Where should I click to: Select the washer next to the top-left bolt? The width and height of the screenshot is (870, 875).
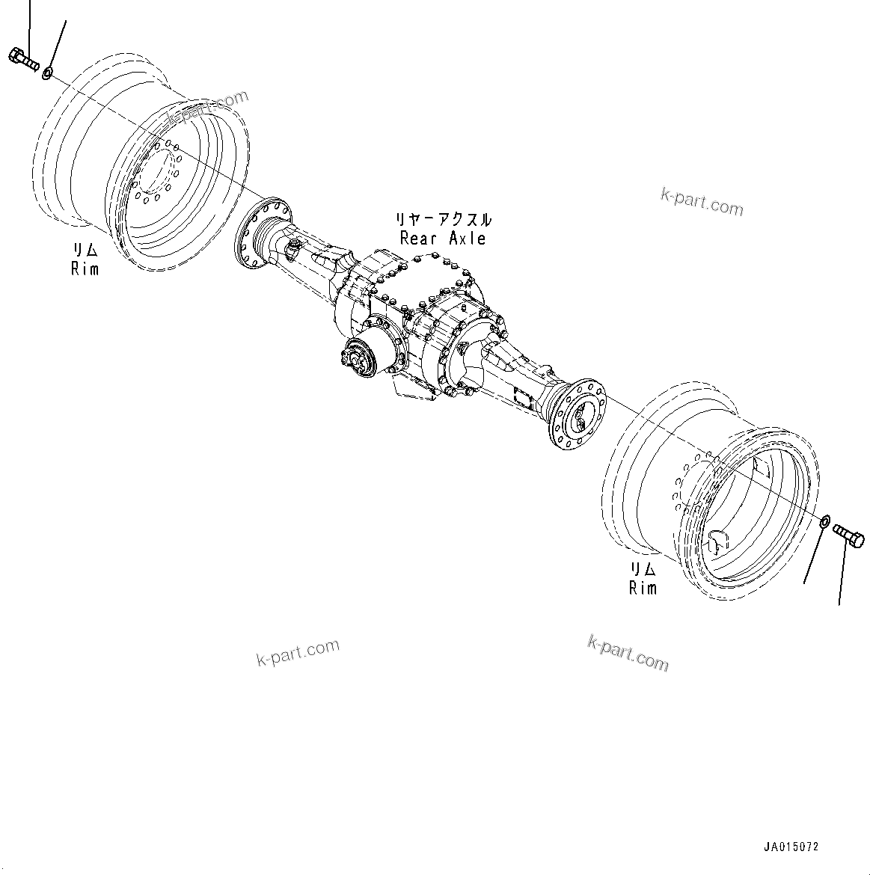(47, 73)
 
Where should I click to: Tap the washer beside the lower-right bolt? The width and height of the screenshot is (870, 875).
(824, 521)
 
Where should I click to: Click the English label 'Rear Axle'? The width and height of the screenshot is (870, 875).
(443, 239)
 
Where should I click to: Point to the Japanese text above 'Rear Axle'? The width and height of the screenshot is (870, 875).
(444, 220)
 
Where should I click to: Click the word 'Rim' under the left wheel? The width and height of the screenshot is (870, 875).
(85, 268)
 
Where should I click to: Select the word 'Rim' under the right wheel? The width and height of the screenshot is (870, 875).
(643, 588)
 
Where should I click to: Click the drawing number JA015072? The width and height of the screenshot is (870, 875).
(791, 847)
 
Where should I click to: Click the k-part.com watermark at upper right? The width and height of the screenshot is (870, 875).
(702, 201)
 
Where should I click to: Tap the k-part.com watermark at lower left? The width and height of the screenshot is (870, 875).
(298, 653)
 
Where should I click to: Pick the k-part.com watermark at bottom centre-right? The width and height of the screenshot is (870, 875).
(628, 653)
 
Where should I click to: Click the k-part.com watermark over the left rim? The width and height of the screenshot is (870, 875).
(207, 109)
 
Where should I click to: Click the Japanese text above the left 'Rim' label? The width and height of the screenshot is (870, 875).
(85, 250)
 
